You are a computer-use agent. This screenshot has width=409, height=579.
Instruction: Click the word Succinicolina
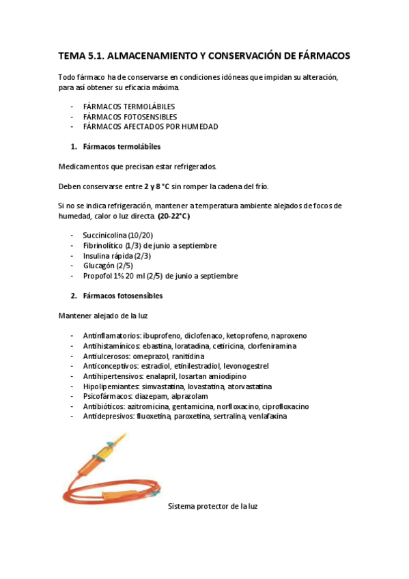104,236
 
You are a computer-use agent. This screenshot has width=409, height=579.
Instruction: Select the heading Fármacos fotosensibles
123,296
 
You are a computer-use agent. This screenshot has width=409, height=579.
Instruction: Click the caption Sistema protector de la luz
212,506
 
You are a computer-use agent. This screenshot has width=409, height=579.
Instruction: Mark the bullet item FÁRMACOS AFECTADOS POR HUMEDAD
141,127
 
